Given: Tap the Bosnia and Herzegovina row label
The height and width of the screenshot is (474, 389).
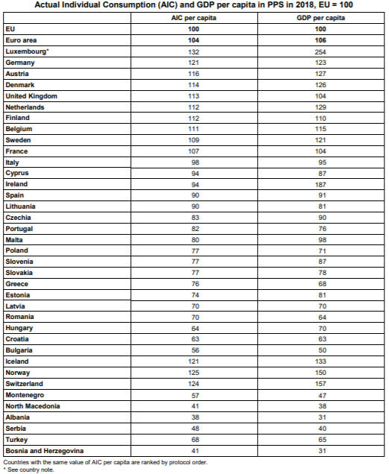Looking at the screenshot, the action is click(44, 451).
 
